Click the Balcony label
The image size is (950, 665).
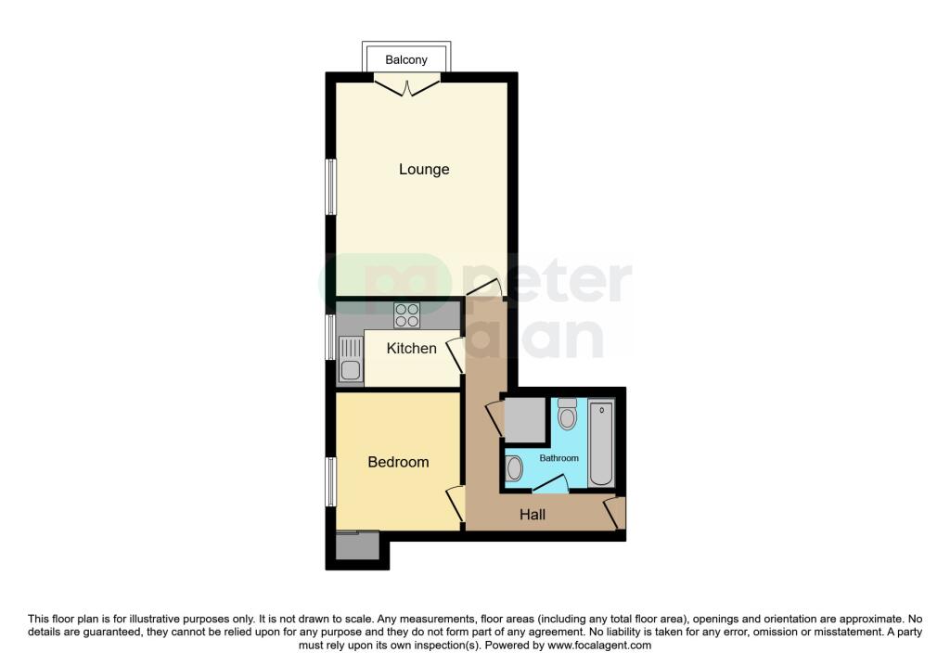(x=406, y=60)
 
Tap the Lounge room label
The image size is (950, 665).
(x=424, y=170)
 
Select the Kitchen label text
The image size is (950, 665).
(x=411, y=349)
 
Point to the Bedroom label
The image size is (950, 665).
(x=398, y=462)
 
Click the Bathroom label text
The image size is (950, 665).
(x=559, y=458)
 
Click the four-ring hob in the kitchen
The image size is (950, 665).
(x=406, y=315)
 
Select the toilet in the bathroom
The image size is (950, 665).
(x=568, y=415)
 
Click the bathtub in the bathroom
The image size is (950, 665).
(x=601, y=442)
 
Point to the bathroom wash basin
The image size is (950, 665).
(x=515, y=469)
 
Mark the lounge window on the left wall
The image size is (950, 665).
(x=329, y=186)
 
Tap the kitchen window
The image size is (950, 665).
(x=329, y=338)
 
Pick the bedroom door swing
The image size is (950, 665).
(x=455, y=504)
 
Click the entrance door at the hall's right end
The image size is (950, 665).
(x=614, y=513)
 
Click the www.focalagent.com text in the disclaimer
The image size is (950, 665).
(x=599, y=646)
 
